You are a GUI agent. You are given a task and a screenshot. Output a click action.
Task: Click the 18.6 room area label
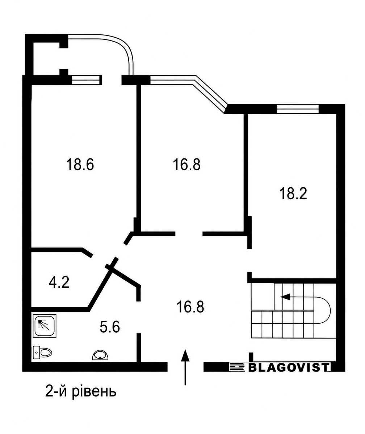80,164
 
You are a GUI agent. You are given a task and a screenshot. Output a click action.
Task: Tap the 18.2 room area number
293,193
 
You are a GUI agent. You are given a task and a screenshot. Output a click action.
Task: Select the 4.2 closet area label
59,282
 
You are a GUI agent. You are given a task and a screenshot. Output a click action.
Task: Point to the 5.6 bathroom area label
110,327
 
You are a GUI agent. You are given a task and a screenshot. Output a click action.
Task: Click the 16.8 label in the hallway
190,307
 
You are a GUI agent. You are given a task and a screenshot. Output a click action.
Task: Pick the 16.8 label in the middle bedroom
186,164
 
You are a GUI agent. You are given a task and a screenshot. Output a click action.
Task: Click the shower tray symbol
45,326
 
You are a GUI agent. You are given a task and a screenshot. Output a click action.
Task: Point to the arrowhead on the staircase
285,297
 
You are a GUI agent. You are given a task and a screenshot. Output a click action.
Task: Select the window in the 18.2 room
298,109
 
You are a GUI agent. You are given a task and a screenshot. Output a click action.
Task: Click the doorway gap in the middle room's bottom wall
189,234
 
